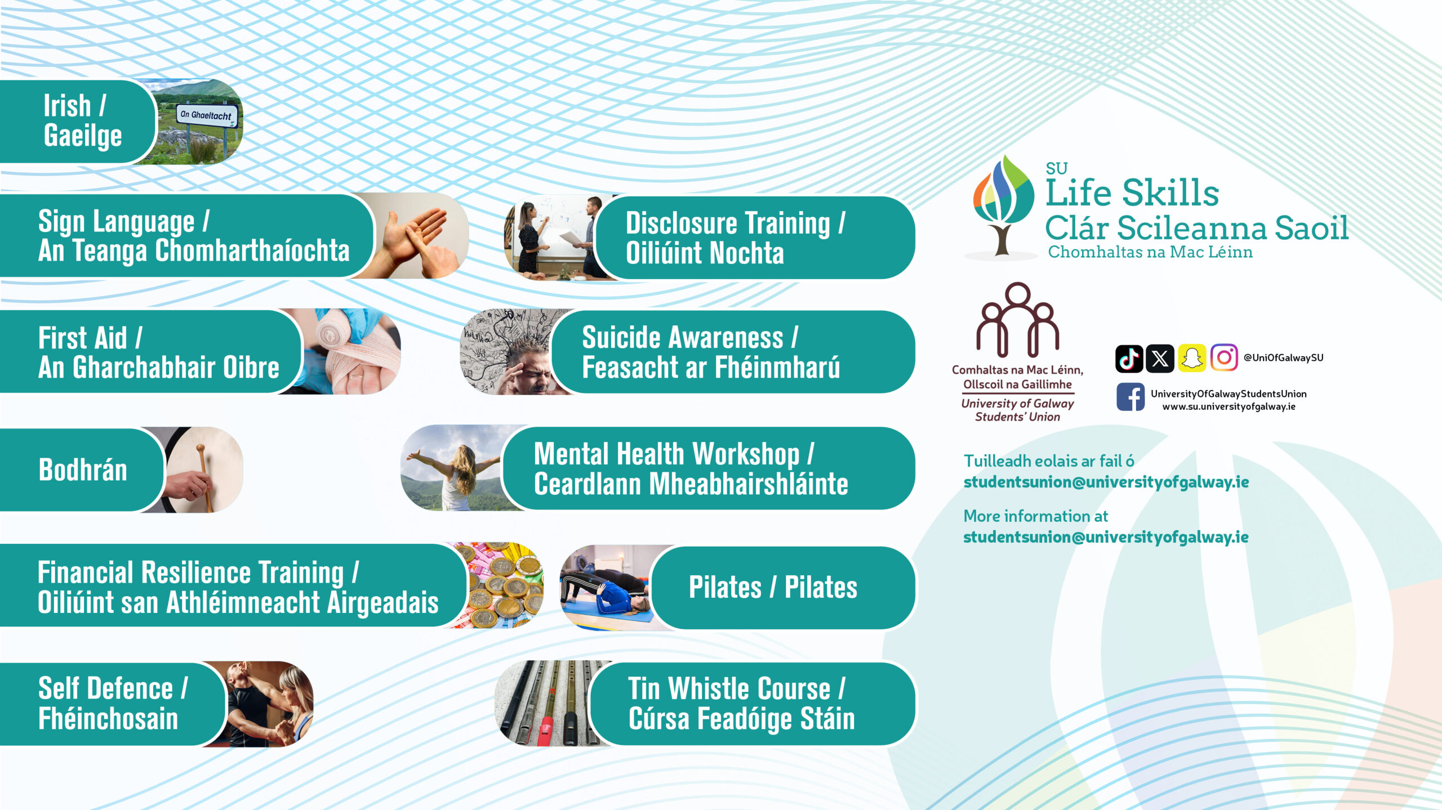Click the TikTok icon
pyautogui.click(x=1129, y=358)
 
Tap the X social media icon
pyautogui.click(x=1160, y=358)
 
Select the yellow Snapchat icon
pyautogui.click(x=1191, y=358)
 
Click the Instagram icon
pyautogui.click(x=1223, y=358)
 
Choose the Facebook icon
pyautogui.click(x=1130, y=397)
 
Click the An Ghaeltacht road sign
pyautogui.click(x=207, y=115)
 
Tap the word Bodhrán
pyautogui.click(x=83, y=469)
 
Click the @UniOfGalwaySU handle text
pyautogui.click(x=1283, y=358)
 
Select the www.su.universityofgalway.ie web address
pyautogui.click(x=1229, y=406)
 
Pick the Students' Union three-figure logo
pyautogui.click(x=1018, y=320)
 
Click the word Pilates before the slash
pyautogui.click(x=725, y=588)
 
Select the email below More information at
pyautogui.click(x=1106, y=538)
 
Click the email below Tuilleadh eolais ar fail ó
pyautogui.click(x=1106, y=482)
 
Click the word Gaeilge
pyautogui.click(x=83, y=137)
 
